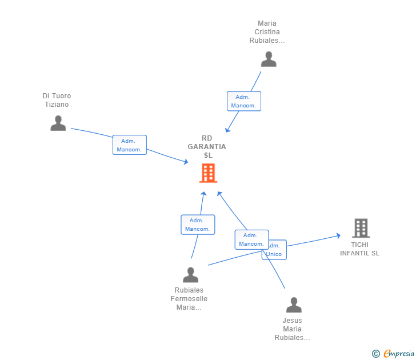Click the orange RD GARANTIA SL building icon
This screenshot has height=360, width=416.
pos(207,173)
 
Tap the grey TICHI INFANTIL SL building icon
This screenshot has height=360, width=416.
pos(361,228)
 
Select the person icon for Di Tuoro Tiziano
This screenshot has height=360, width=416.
pos(58,123)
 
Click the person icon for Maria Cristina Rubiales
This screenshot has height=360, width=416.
pos(268,59)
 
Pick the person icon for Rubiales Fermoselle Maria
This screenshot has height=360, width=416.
pos(190,275)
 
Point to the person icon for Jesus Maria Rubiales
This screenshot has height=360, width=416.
pos(294,305)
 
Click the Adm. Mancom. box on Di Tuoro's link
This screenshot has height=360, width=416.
pos(130,145)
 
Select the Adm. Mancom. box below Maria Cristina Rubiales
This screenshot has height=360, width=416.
pos(243,101)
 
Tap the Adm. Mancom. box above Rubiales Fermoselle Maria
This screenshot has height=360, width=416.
pos(198,225)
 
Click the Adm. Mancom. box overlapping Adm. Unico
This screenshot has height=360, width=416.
pos(251,239)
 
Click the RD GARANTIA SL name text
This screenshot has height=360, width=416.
pos(207,147)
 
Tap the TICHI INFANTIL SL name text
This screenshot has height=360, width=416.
pos(359,249)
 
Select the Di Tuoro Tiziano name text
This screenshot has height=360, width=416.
pos(57,100)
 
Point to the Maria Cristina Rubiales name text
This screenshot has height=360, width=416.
pos(267,32)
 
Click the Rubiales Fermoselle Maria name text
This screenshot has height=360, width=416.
pos(189,299)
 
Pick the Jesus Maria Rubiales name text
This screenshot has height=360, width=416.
pos(292,329)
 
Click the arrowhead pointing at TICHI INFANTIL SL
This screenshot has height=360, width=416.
pos(338,235)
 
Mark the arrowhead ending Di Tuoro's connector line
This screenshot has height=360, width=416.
pos(186,162)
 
